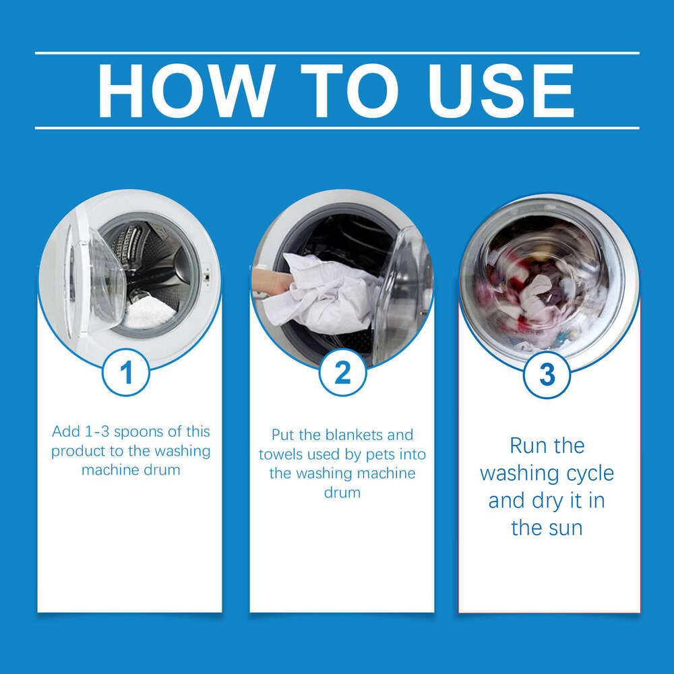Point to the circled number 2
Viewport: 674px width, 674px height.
[342, 373]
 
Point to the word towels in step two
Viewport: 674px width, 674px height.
[281, 454]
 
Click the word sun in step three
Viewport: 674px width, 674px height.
[564, 528]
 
